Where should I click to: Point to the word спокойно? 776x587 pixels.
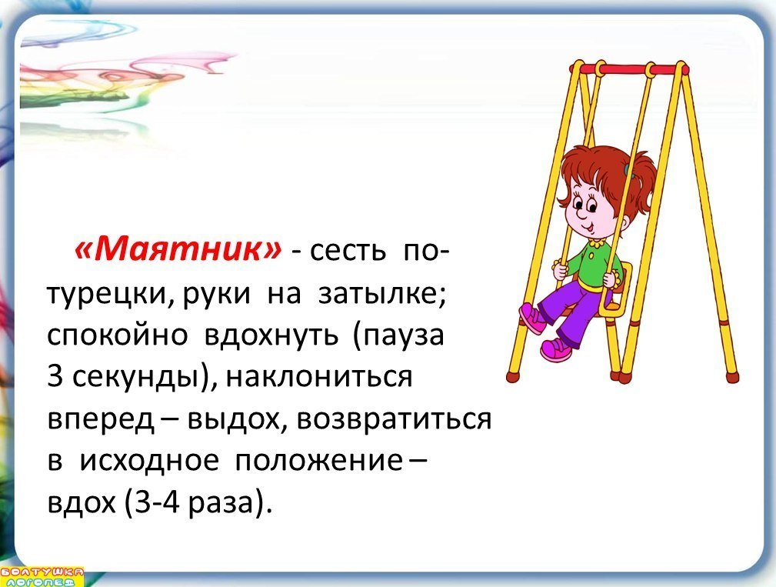click(x=118, y=336)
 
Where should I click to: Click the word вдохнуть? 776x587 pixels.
click(x=271, y=335)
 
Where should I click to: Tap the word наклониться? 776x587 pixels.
click(x=318, y=377)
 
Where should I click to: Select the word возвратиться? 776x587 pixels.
click(x=394, y=419)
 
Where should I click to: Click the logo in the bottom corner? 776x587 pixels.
click(x=42, y=576)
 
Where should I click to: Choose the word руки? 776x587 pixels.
click(x=216, y=295)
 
